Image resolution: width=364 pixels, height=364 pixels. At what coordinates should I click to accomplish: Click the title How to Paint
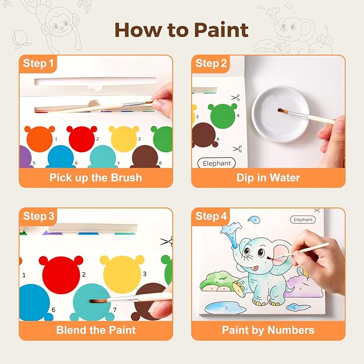pos(182,29)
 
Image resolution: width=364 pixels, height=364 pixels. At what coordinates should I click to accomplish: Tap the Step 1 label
pos(38,64)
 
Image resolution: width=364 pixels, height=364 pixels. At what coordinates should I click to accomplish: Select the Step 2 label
pos(211,64)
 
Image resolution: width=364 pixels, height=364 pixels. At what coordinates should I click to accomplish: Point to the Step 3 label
pos(38,217)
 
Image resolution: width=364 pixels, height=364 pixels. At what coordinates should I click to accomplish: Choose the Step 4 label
pos(211,217)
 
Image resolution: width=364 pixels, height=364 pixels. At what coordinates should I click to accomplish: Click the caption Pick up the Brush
pos(95,177)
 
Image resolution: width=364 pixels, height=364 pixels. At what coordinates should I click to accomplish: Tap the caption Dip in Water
pos(268,177)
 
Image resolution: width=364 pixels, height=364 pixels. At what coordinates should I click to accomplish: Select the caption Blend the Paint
pos(95,330)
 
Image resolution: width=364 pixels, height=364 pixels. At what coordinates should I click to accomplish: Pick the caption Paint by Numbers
pos(268,330)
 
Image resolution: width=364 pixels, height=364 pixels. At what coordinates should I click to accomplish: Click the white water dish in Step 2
pos(279,113)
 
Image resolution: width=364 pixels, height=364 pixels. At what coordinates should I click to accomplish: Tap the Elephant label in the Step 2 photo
pos(217,162)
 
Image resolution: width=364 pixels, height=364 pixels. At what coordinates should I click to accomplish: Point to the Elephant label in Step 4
pos(303,219)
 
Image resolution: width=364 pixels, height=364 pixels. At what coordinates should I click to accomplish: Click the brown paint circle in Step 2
pos(204,136)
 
